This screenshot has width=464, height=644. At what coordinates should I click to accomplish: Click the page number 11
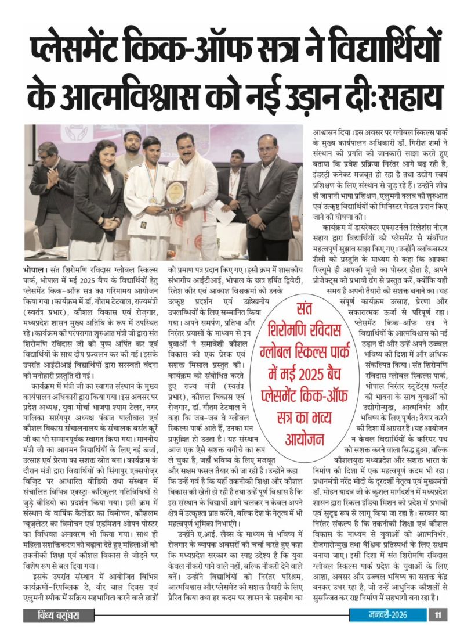438,629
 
